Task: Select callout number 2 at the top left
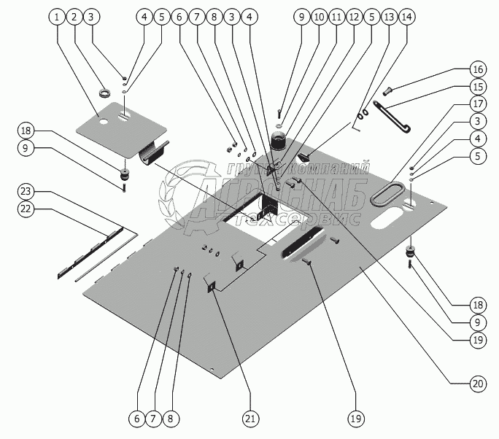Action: pos(74,16)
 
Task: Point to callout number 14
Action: pos(406,16)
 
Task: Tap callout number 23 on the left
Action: pos(26,191)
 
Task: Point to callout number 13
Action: pos(389,16)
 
